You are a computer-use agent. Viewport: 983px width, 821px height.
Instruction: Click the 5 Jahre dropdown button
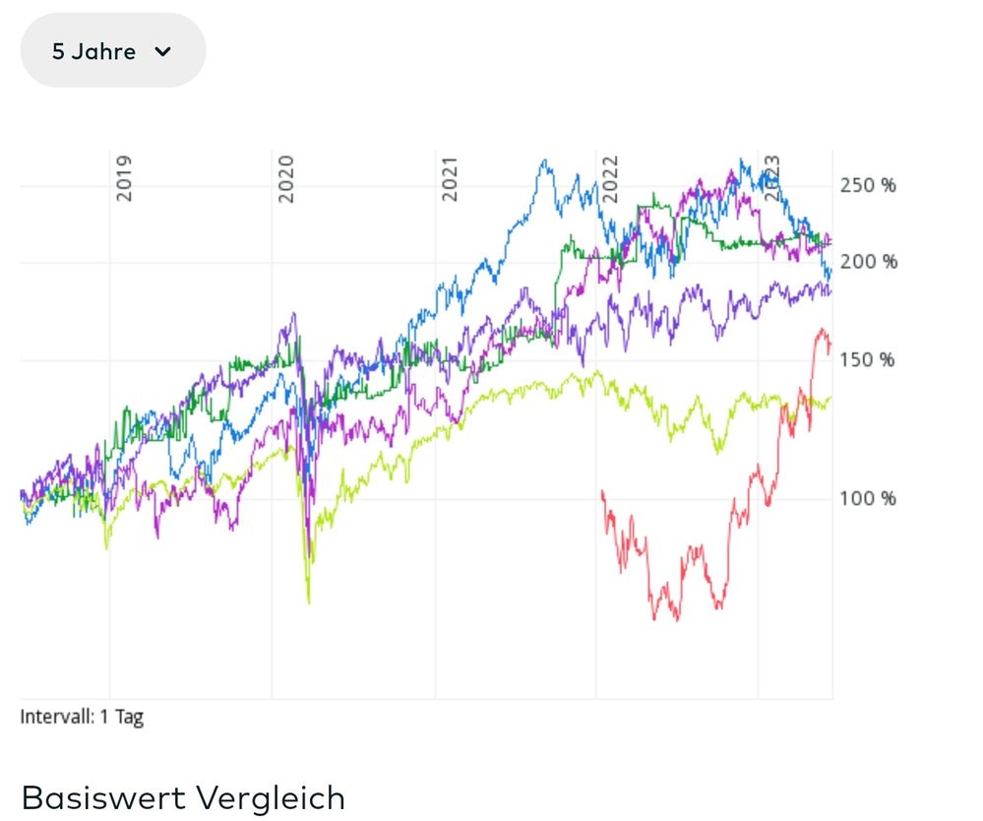click(112, 51)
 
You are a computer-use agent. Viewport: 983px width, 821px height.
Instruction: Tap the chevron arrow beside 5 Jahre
click(162, 52)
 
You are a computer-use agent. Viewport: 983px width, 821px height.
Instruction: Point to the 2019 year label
click(124, 178)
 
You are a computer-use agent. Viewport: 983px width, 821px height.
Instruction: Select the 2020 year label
click(286, 178)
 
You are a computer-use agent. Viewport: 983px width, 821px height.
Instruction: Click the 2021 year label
click(450, 178)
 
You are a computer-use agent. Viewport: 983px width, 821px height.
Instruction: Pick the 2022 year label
click(611, 178)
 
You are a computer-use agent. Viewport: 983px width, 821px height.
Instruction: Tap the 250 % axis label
click(868, 185)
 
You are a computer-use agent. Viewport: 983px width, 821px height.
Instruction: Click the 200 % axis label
click(868, 262)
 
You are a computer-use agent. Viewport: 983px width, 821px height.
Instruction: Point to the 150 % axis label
click(868, 359)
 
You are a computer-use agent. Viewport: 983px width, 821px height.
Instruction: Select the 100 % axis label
click(868, 498)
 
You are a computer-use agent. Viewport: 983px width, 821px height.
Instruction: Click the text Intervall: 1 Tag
click(82, 717)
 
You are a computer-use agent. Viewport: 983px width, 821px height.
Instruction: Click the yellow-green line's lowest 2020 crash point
click(308, 602)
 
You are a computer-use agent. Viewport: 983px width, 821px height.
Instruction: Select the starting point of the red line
click(601, 490)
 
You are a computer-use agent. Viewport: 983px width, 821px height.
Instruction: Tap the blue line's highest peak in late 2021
click(543, 160)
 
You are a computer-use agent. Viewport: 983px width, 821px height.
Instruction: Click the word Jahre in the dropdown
click(103, 51)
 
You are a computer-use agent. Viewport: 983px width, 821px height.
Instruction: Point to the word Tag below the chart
click(129, 717)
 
